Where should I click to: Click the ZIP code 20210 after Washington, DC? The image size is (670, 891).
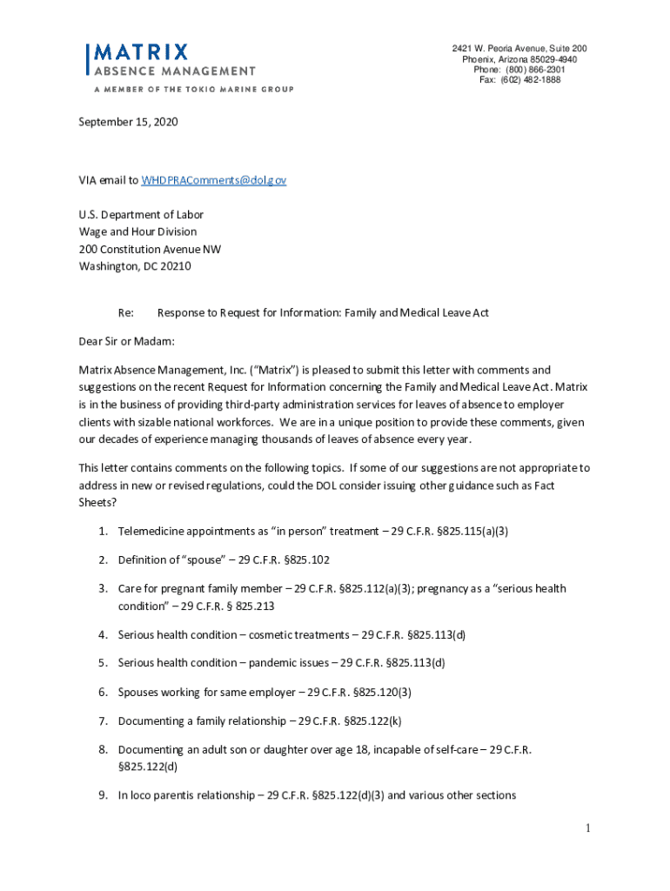click(174, 266)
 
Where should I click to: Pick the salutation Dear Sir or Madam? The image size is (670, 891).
click(126, 341)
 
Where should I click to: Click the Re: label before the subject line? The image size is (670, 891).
click(126, 312)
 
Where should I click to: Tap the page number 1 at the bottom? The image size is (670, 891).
click(587, 828)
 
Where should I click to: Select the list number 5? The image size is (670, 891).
click(102, 663)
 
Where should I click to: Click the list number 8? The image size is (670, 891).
click(102, 749)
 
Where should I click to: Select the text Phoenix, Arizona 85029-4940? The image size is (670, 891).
click(519, 59)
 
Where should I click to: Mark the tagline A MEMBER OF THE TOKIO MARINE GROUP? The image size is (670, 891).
click(188, 90)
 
